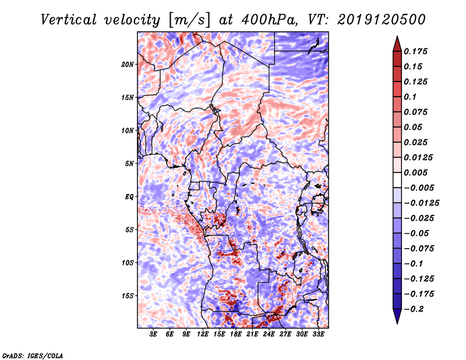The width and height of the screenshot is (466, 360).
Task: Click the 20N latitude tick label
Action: pos(128,64)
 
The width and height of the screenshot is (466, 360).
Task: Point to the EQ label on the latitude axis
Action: pos(129,196)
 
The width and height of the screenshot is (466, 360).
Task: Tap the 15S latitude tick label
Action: pos(128,295)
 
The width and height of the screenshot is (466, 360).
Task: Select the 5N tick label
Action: pos(129,164)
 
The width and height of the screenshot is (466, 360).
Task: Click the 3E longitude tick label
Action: pos(154,335)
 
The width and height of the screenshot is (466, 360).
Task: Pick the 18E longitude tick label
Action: pos(236,335)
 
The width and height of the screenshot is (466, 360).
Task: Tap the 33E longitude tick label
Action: pos(318,335)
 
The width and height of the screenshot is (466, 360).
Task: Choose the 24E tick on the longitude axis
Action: pos(269,335)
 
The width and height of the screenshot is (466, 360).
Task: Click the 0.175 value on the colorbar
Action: pos(417,51)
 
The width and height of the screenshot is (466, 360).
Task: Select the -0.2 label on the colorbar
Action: pos(415,309)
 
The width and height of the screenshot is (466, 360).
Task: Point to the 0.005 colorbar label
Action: pos(417,172)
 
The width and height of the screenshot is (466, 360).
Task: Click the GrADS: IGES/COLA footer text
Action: pos(32,355)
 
